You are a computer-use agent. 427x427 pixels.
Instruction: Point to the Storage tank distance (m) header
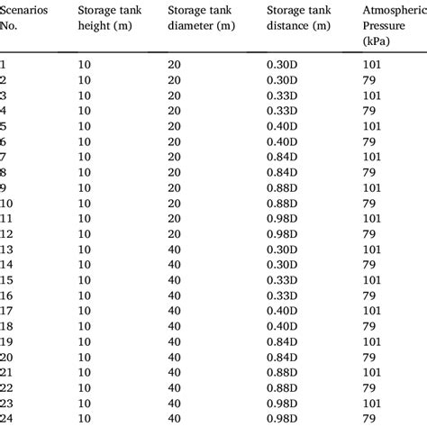pyautogui.click(x=305, y=25)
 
